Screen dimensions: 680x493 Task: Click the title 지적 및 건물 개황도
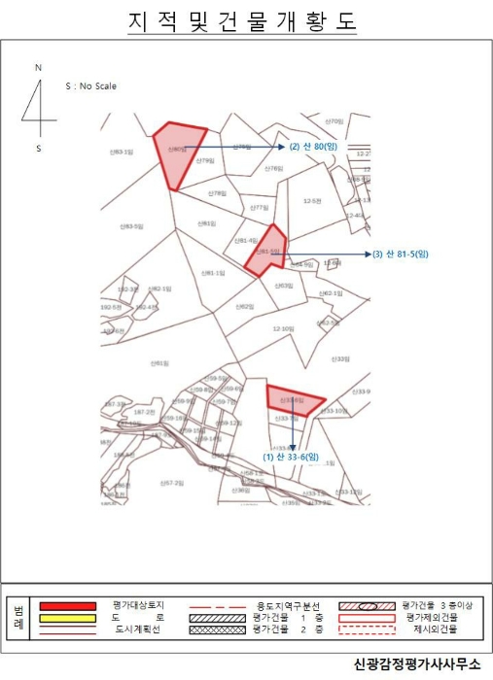242,21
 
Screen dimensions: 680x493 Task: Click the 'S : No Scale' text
90,86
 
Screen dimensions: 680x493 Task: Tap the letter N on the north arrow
38,68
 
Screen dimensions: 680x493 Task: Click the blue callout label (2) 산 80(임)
313,148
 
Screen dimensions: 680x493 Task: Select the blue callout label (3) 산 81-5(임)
401,254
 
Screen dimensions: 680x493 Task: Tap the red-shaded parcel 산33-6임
293,399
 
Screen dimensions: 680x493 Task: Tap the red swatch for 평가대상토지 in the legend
67,605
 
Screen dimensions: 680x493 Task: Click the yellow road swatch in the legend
67,617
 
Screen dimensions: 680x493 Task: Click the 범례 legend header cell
18,617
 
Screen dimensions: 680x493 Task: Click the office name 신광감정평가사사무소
418,664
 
